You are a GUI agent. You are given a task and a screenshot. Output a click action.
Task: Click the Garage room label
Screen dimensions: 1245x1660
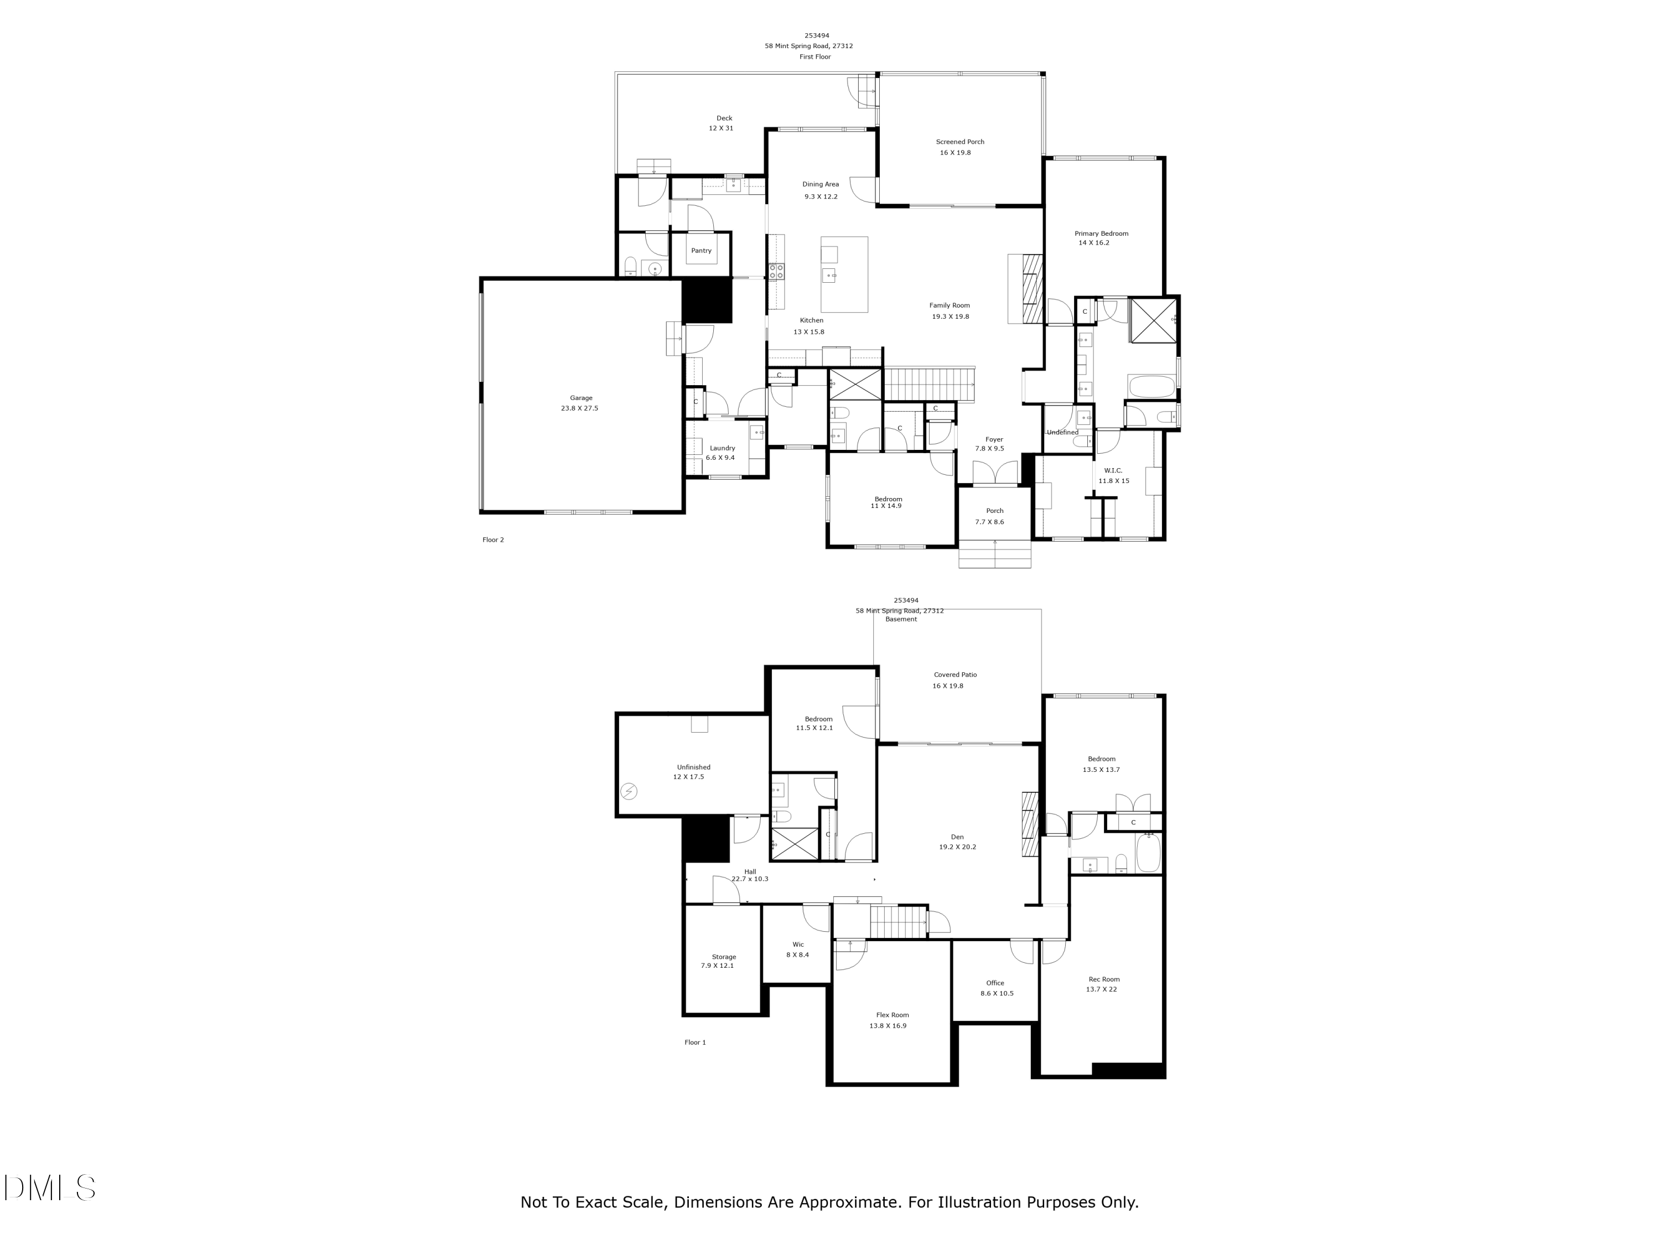click(x=581, y=398)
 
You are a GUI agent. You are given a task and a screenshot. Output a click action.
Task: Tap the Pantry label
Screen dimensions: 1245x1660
click(x=701, y=251)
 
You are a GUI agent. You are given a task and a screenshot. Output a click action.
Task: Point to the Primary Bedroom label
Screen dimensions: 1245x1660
click(x=1101, y=234)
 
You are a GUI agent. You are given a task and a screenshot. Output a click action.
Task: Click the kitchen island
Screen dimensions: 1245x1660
click(x=844, y=274)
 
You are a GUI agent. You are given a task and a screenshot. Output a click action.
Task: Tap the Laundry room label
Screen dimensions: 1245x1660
click(x=722, y=448)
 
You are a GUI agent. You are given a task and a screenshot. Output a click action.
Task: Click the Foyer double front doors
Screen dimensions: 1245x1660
click(x=995, y=473)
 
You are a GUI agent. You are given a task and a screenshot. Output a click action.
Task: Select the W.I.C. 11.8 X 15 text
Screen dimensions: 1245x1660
click(x=1114, y=481)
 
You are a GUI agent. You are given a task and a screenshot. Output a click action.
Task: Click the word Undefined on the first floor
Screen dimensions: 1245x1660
click(x=1062, y=432)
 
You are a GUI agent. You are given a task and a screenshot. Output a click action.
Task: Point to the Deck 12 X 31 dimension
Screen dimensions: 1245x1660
click(x=720, y=128)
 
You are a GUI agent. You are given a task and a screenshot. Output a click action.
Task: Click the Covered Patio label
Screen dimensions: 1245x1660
click(x=954, y=675)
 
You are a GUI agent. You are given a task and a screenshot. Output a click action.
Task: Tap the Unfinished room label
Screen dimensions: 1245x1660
click(x=693, y=767)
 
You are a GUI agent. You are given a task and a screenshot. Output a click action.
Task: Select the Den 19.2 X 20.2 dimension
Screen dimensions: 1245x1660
click(x=957, y=847)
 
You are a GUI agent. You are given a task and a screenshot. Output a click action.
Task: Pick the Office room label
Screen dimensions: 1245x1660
click(x=994, y=983)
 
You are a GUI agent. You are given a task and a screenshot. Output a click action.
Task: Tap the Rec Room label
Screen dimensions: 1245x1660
click(x=1103, y=979)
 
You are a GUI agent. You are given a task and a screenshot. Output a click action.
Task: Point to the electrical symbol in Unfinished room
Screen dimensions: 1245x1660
click(x=629, y=791)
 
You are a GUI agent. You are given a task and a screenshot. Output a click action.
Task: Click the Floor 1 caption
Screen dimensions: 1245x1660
click(x=695, y=1042)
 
